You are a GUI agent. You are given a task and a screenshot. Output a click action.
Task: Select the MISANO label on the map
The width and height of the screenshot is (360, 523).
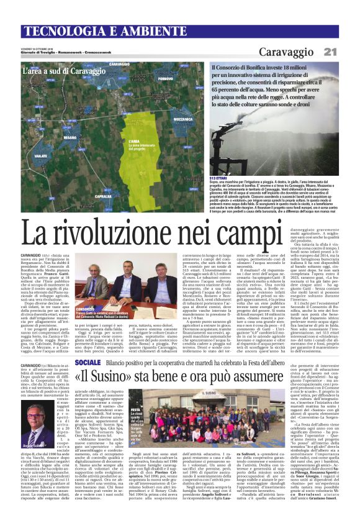[x=70, y=137]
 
